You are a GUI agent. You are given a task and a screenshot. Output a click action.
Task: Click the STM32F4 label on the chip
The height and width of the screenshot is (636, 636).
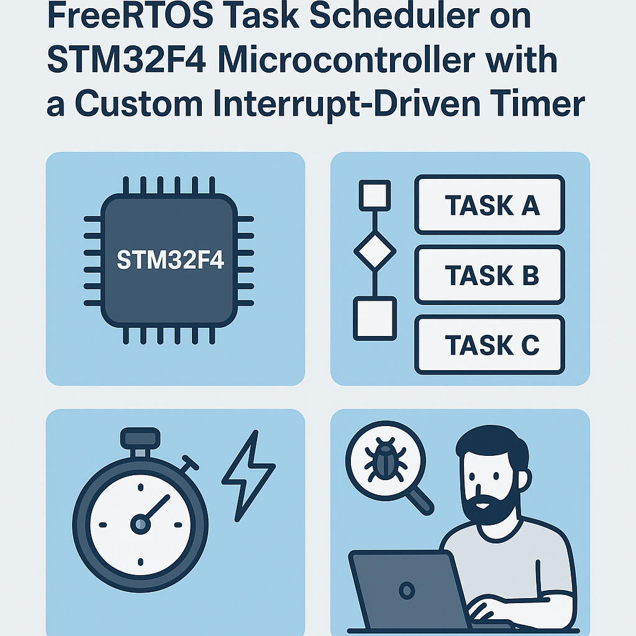pos(170,260)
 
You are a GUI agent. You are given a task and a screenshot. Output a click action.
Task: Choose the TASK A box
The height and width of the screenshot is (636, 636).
pos(489,205)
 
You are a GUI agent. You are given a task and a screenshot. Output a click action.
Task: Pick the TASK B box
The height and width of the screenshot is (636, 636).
pos(489,275)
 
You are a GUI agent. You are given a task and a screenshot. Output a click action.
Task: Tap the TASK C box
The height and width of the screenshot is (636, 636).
pos(489,345)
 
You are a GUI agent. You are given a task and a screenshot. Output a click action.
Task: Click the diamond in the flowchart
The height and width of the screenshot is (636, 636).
pos(375,252)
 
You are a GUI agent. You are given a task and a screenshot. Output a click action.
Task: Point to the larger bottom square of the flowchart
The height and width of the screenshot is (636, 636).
pos(375,318)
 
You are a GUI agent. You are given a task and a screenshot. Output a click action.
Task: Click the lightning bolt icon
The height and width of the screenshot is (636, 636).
pos(248,475)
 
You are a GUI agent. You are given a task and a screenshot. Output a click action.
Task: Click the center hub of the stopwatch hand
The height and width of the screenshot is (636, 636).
pos(140,524)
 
